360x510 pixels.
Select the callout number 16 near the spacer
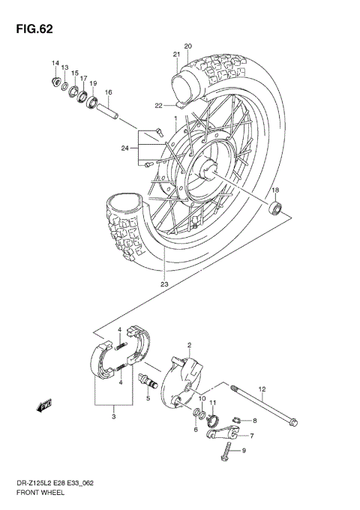coord(108,93)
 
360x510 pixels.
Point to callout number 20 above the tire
coord(188,46)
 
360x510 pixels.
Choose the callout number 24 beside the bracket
coord(124,147)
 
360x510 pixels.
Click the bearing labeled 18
coord(277,207)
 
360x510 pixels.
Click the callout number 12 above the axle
coord(262,388)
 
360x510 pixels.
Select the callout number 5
coord(148,398)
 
